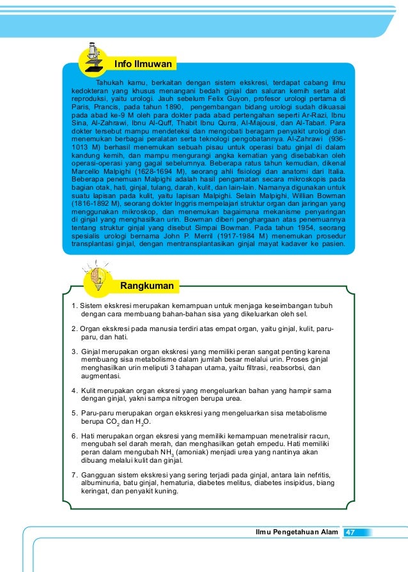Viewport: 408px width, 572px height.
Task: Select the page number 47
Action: point(350,532)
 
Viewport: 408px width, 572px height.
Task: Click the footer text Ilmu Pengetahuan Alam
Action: point(295,532)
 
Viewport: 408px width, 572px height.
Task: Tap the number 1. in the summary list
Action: point(74,305)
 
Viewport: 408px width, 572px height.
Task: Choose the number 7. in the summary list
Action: point(74,475)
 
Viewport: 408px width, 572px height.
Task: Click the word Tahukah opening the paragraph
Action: point(110,83)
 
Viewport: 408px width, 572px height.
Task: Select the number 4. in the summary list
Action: point(74,390)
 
